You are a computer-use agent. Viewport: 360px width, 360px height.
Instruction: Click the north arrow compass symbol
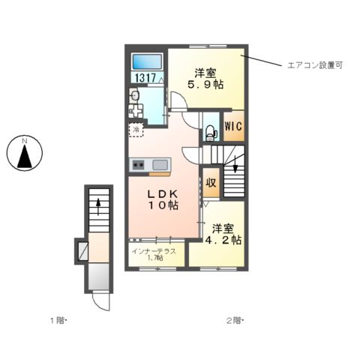(x=24, y=155)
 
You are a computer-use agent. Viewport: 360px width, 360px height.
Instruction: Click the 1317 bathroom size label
(x=145, y=77)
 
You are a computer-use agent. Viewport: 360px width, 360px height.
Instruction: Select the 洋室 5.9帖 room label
(x=206, y=79)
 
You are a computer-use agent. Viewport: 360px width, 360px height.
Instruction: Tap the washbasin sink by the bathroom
(x=136, y=97)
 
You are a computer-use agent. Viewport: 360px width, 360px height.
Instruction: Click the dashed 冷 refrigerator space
(x=136, y=130)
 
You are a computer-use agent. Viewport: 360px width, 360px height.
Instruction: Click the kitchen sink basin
(x=160, y=165)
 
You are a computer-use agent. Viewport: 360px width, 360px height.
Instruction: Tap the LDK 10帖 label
(x=161, y=198)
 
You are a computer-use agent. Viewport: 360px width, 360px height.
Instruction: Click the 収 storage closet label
(x=211, y=183)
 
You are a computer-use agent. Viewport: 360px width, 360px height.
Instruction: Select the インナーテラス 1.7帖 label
(x=154, y=255)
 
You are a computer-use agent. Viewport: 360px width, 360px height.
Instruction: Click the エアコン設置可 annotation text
(x=315, y=65)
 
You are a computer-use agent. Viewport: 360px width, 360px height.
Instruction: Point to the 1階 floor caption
(x=58, y=320)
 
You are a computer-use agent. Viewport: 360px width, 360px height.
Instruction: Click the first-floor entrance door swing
(x=99, y=301)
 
